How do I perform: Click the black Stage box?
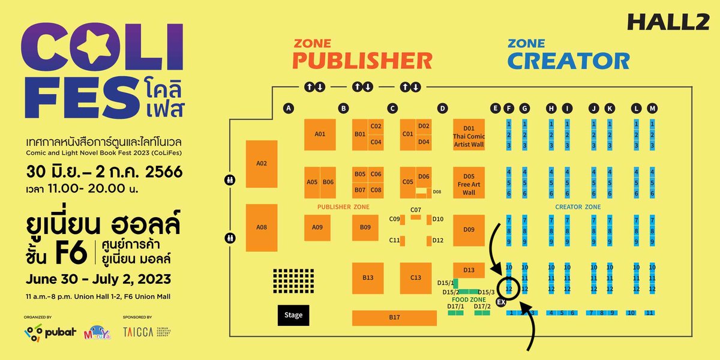(x=293, y=315)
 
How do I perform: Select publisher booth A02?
(x=262, y=163)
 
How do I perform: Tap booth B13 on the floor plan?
(x=368, y=278)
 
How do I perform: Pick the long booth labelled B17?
(x=394, y=317)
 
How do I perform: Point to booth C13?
(x=416, y=278)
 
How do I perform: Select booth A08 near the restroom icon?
(x=262, y=227)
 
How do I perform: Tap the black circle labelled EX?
(x=501, y=302)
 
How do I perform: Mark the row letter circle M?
(x=652, y=109)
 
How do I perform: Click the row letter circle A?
(x=289, y=109)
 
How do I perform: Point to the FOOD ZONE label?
(x=469, y=299)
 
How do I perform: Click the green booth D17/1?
(x=456, y=313)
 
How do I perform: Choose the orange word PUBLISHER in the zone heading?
(x=363, y=61)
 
